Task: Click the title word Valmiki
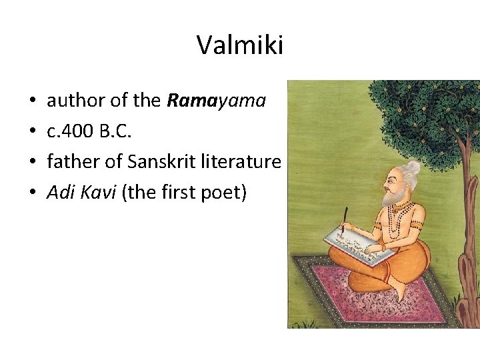coord(240,45)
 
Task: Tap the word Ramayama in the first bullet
coord(216,101)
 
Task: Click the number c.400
coord(72,131)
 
